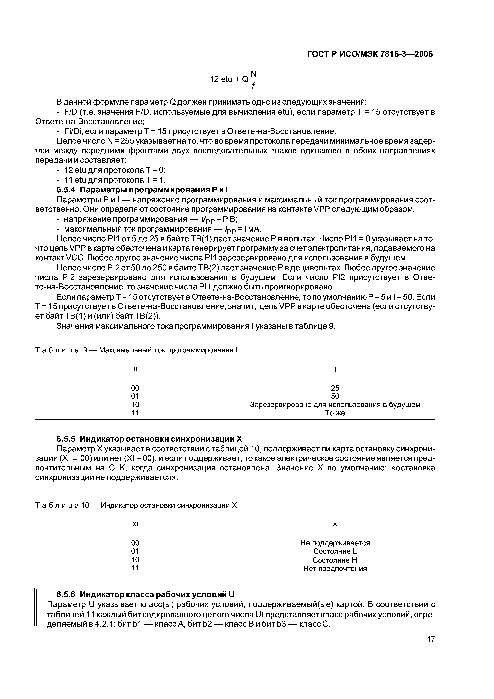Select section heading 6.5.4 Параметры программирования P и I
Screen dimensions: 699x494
[142, 190]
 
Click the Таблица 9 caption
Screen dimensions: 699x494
[138, 350]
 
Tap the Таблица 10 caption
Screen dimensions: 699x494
[136, 505]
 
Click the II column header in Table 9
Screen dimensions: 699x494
[135, 369]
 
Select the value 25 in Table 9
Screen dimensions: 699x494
[335, 388]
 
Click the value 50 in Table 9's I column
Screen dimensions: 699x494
[335, 396]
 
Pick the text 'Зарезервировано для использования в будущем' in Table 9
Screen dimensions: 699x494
[335, 405]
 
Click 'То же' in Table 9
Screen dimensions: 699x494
[335, 413]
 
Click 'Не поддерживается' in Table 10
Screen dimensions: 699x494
[335, 543]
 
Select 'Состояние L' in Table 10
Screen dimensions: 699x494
[335, 551]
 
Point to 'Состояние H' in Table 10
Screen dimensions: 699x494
[335, 560]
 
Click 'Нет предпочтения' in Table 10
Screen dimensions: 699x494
[335, 568]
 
